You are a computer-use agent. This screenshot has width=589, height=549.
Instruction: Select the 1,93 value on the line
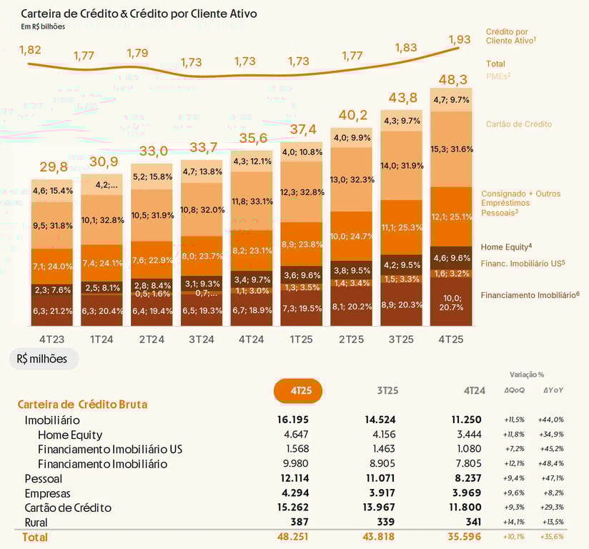tap(460, 39)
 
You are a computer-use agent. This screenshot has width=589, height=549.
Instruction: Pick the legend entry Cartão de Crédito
tap(519, 124)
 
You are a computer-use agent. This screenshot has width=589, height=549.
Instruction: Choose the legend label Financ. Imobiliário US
tap(523, 263)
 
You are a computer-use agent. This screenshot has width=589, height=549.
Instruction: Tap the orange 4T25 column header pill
tap(298, 391)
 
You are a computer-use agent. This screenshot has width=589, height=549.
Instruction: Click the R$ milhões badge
tap(43, 359)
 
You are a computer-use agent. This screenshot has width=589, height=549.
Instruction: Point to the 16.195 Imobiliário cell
tap(292, 420)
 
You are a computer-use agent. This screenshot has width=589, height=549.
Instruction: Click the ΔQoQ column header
tap(515, 390)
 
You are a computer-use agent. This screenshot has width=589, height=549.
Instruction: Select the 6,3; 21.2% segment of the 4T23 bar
tap(51, 312)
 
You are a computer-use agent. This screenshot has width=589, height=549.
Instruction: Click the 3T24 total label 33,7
tap(201, 148)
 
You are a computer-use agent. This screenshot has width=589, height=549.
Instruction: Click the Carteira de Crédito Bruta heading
tap(82, 405)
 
